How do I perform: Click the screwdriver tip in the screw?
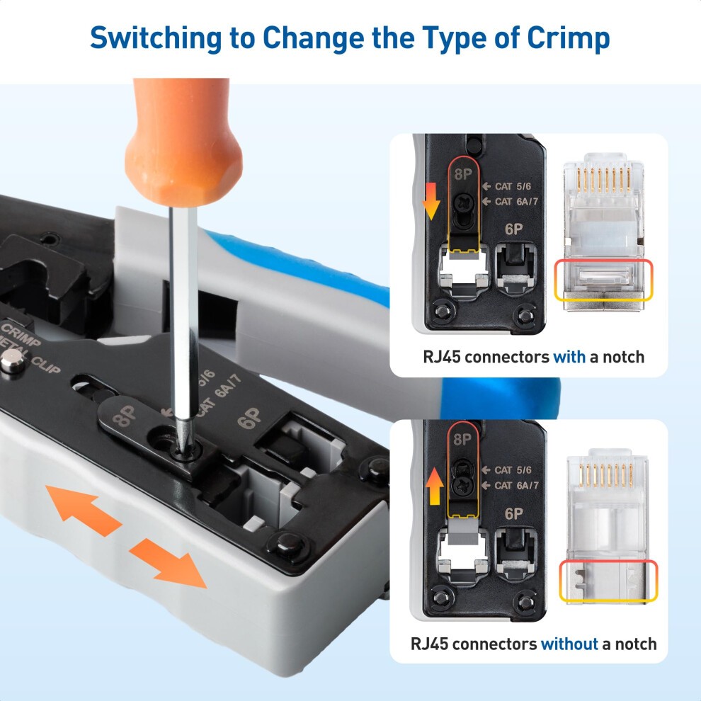point(180,443)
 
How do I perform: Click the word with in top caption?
point(569,356)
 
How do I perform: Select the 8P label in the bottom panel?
point(462,439)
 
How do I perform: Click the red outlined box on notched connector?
point(601,279)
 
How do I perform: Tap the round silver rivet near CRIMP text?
point(10,365)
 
